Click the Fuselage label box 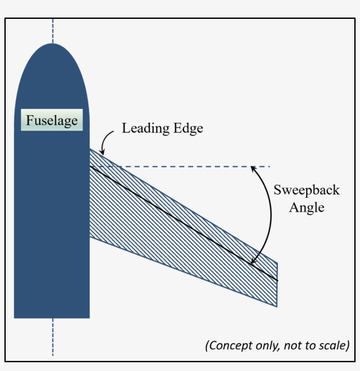(x=52, y=120)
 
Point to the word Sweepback (x=306, y=190)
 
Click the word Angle (x=306, y=207)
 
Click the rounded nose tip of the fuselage (x=52, y=44)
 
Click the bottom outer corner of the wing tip (x=277, y=307)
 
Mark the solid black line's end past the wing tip (x=277, y=280)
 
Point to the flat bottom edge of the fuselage (x=52, y=317)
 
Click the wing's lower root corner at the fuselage (x=90, y=238)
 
